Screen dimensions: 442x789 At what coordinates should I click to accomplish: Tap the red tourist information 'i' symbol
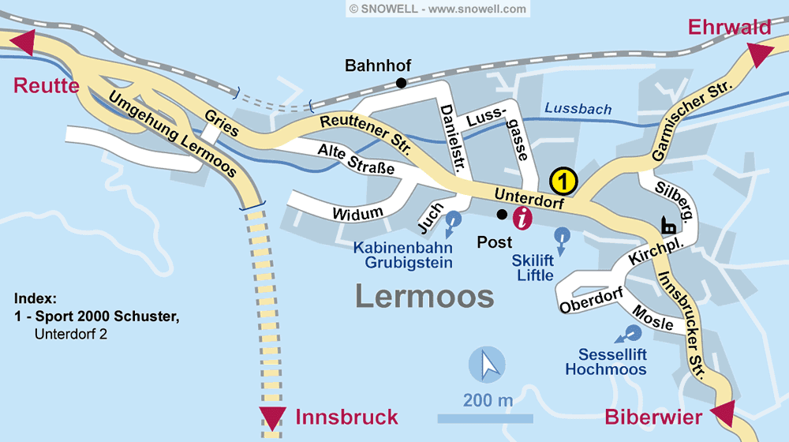522,218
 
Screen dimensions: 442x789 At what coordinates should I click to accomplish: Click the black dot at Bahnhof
402,83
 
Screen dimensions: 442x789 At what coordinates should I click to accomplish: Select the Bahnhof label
378,66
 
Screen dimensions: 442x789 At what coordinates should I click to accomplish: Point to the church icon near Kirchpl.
669,226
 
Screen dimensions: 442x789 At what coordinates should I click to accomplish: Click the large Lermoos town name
424,296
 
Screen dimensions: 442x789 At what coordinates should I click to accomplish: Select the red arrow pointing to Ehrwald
761,55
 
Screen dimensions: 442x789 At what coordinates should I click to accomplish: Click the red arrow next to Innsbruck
273,418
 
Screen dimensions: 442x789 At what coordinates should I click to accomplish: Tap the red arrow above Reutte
21,43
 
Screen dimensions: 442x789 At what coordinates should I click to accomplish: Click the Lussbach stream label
578,109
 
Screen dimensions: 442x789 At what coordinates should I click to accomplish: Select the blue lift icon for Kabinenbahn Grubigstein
453,222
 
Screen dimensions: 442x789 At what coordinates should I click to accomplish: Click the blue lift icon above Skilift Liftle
561,236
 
